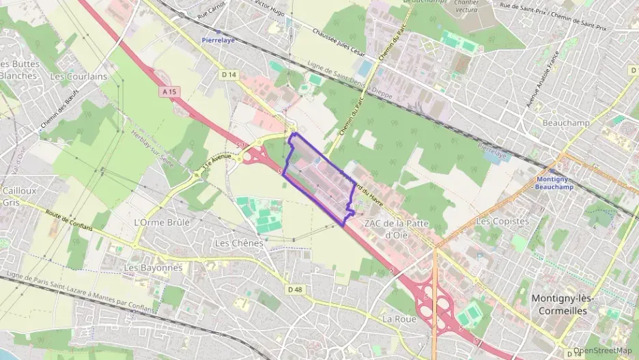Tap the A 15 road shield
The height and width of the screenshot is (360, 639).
coord(171,90)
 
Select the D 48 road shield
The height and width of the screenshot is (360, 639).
coord(295,289)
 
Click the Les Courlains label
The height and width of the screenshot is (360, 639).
coord(79,77)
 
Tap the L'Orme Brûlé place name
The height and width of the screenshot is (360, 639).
coord(162,222)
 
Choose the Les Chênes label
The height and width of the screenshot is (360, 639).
coord(238,243)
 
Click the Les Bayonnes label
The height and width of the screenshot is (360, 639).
coord(153,268)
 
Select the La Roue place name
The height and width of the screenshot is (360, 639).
coord(399,319)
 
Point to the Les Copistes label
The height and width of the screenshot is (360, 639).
coord(502,221)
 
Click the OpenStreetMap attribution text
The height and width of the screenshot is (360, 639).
coord(602,350)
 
